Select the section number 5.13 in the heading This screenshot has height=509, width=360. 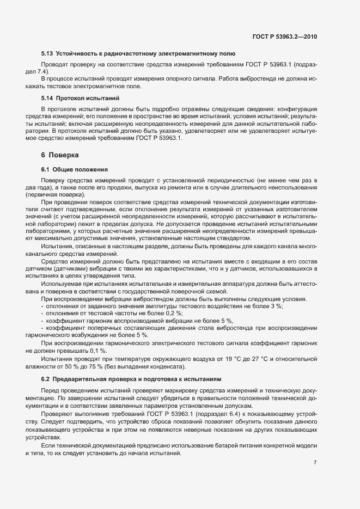(x=47, y=53)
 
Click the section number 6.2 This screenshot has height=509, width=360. (x=47, y=378)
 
